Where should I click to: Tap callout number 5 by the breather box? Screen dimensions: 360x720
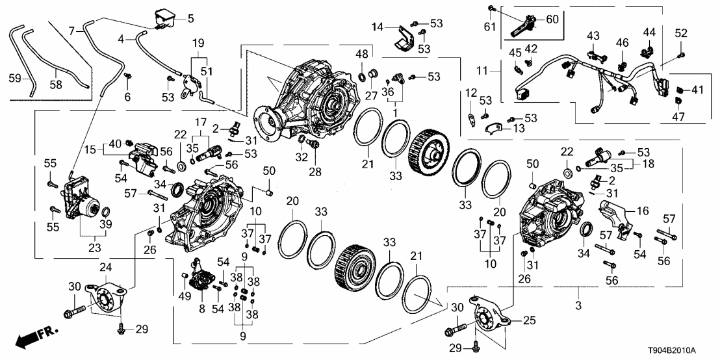pos(190,18)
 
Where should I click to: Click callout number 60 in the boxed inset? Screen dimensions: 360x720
pos(552,19)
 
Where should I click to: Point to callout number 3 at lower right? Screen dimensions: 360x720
pos(580,305)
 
